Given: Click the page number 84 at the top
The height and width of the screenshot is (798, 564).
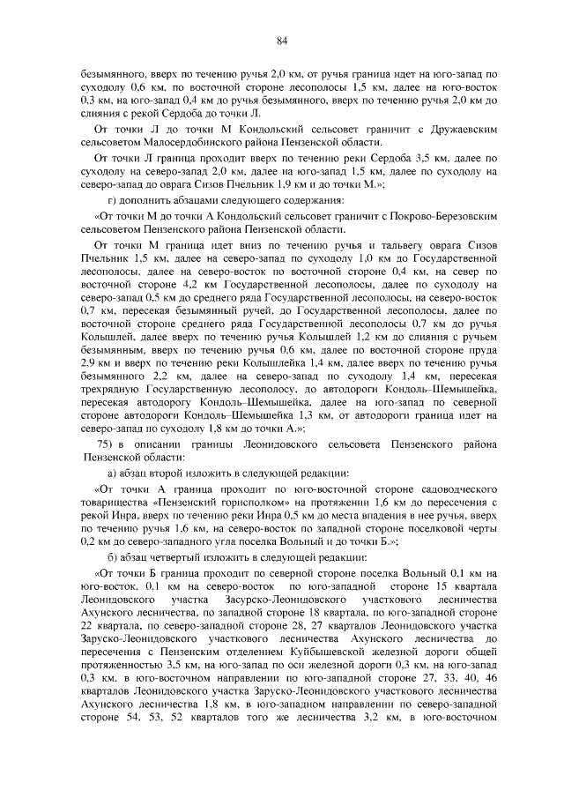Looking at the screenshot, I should click(x=282, y=40).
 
